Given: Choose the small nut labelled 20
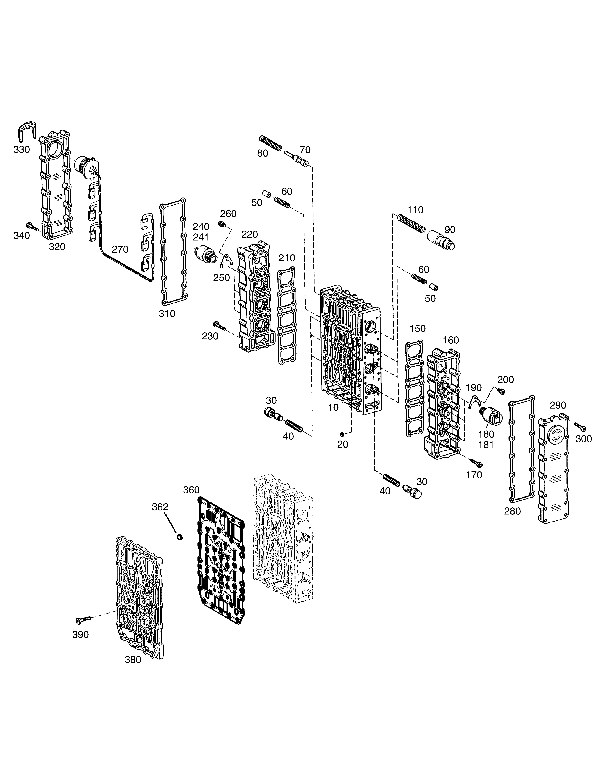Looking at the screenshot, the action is point(342,434).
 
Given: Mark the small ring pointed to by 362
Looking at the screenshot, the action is point(180,537).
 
